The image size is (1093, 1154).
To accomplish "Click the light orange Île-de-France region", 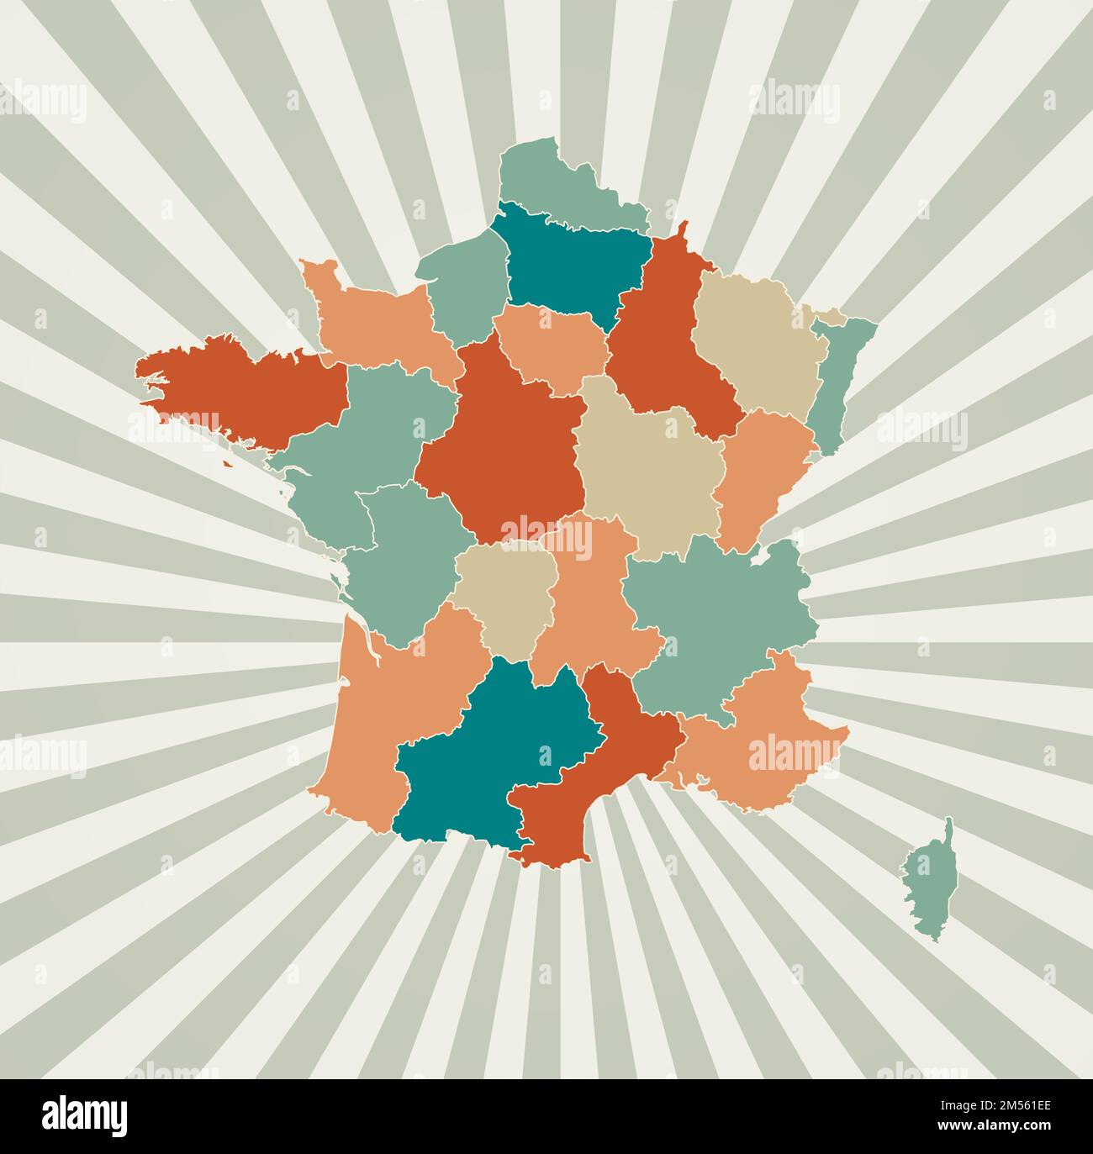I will click(x=551, y=345).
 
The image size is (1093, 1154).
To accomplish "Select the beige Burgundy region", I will click(x=647, y=471).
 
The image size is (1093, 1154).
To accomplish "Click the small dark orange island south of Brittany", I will click(x=227, y=462).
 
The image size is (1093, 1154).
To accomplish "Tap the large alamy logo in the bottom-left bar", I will click(x=85, y=1116).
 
